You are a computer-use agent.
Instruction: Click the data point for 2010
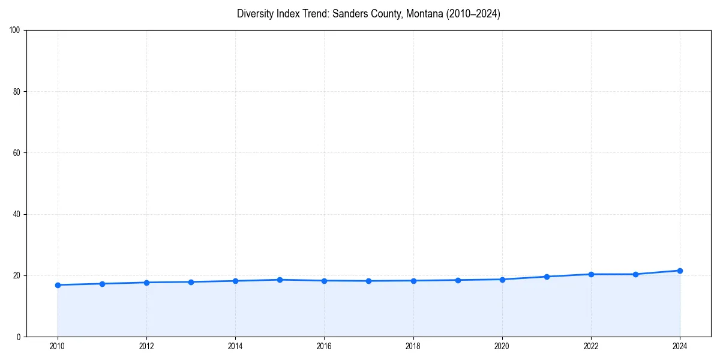click(58, 285)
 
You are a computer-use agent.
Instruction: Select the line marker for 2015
click(280, 280)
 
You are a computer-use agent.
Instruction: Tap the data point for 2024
click(680, 271)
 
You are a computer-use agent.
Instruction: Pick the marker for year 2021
click(547, 277)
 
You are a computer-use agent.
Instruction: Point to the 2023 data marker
click(635, 274)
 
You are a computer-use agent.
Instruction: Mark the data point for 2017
click(368, 281)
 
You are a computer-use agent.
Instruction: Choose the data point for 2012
click(146, 283)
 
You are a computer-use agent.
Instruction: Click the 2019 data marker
click(458, 280)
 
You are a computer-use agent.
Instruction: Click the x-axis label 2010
click(58, 346)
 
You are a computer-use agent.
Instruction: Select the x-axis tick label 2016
click(324, 346)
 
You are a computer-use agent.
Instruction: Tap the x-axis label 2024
click(680, 346)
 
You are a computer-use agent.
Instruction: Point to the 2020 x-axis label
click(502, 346)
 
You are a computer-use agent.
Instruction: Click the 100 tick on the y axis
click(15, 31)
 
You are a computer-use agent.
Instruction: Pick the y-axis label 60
click(17, 153)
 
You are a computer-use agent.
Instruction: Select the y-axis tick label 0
click(19, 337)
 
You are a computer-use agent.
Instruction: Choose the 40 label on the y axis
click(17, 214)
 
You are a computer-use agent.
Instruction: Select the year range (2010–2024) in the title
click(472, 14)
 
